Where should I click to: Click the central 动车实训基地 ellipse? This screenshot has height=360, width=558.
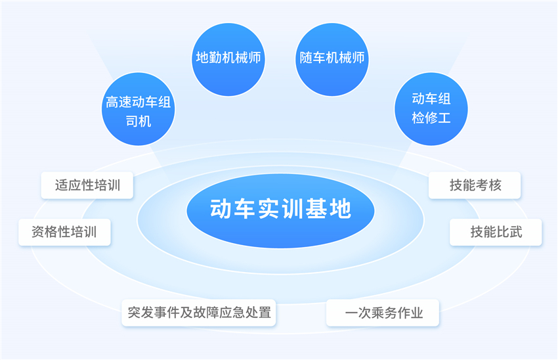pyautogui.click(x=280, y=210)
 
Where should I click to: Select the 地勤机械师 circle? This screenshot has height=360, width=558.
pyautogui.click(x=228, y=60)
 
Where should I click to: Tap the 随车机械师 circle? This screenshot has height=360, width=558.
pyautogui.click(x=332, y=60)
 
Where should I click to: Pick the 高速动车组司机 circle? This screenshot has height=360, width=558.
pyautogui.click(x=139, y=109)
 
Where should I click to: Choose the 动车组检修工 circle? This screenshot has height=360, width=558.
pyautogui.click(x=431, y=109)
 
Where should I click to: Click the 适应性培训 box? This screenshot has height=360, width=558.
pyautogui.click(x=87, y=185)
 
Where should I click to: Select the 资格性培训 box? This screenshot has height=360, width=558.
pyautogui.click(x=64, y=232)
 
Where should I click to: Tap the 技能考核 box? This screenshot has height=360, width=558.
pyautogui.click(x=475, y=185)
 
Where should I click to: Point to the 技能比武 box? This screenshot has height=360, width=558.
pyautogui.click(x=496, y=232)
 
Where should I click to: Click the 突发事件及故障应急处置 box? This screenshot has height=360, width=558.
pyautogui.click(x=199, y=313)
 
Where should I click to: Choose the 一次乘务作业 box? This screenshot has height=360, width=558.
pyautogui.click(x=383, y=313)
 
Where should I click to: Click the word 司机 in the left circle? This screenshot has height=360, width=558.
pyautogui.click(x=139, y=122)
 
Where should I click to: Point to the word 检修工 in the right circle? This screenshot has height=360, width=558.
pyautogui.click(x=431, y=118)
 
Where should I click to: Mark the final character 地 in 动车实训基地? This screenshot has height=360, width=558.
pyautogui.click(x=341, y=209)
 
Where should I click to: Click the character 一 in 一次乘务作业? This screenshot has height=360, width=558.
pyautogui.click(x=351, y=313)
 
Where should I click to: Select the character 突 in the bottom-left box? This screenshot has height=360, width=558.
pyautogui.click(x=134, y=313)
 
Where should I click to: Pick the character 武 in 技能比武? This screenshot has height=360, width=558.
pyautogui.click(x=515, y=232)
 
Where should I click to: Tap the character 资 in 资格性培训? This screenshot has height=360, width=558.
pyautogui.click(x=38, y=232)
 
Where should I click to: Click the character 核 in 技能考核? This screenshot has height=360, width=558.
pyautogui.click(x=495, y=185)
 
